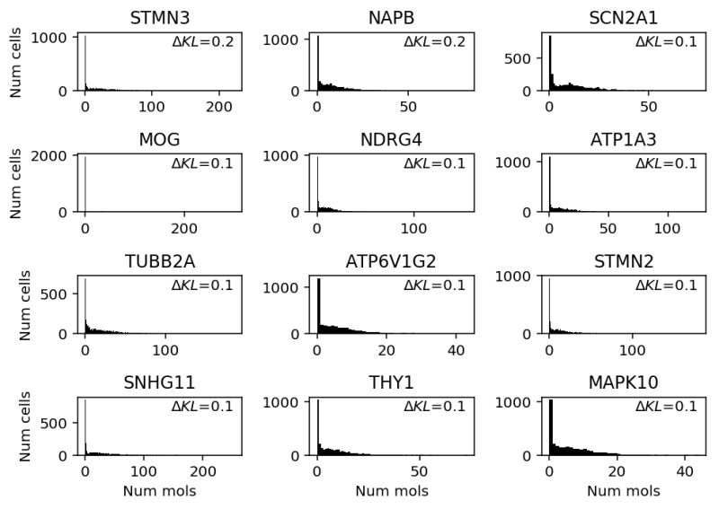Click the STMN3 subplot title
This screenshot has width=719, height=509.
tap(158, 18)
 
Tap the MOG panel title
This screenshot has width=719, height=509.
tap(158, 139)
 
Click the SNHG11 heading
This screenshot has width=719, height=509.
tap(158, 383)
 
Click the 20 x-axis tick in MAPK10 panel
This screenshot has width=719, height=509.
tap(615, 471)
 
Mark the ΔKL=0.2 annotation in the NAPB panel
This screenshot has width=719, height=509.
tap(434, 41)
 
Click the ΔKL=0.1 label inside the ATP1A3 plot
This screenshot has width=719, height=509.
tap(666, 163)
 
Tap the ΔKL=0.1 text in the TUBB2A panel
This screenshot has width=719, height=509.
tap(202, 285)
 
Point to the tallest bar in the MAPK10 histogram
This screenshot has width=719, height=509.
tap(551, 417)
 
